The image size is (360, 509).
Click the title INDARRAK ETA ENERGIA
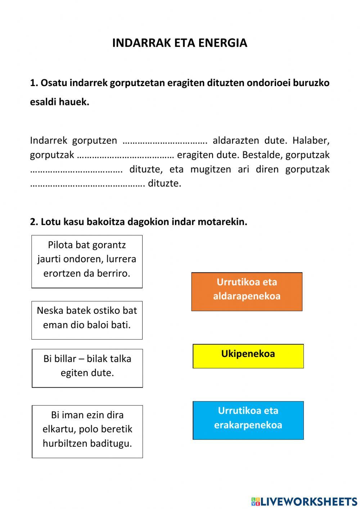(x=180, y=43)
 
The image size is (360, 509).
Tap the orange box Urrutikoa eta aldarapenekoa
(x=247, y=291)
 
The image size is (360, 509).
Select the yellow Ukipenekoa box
(x=248, y=356)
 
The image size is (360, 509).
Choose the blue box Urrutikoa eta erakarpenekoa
(x=248, y=420)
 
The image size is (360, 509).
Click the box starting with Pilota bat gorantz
(x=87, y=261)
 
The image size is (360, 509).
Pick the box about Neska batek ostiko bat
(x=87, y=320)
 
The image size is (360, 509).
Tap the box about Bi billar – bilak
(x=87, y=368)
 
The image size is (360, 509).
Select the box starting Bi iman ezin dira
(x=87, y=431)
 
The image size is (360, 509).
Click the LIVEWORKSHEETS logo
(x=304, y=501)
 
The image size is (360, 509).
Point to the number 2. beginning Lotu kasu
(x=34, y=222)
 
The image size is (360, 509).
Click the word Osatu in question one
(x=54, y=83)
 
